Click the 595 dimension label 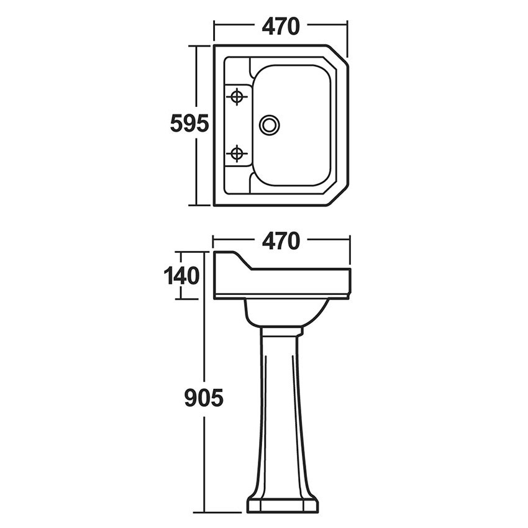pos(189,124)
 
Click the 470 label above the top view pos(281,26)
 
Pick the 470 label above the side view pos(281,240)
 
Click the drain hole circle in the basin pos(270,125)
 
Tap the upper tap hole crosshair pos(237,97)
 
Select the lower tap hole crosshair pos(237,154)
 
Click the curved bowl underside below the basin pos(286,312)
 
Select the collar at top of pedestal pos(282,331)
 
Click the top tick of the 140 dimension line pos(189,252)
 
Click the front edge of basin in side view pos(350,282)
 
